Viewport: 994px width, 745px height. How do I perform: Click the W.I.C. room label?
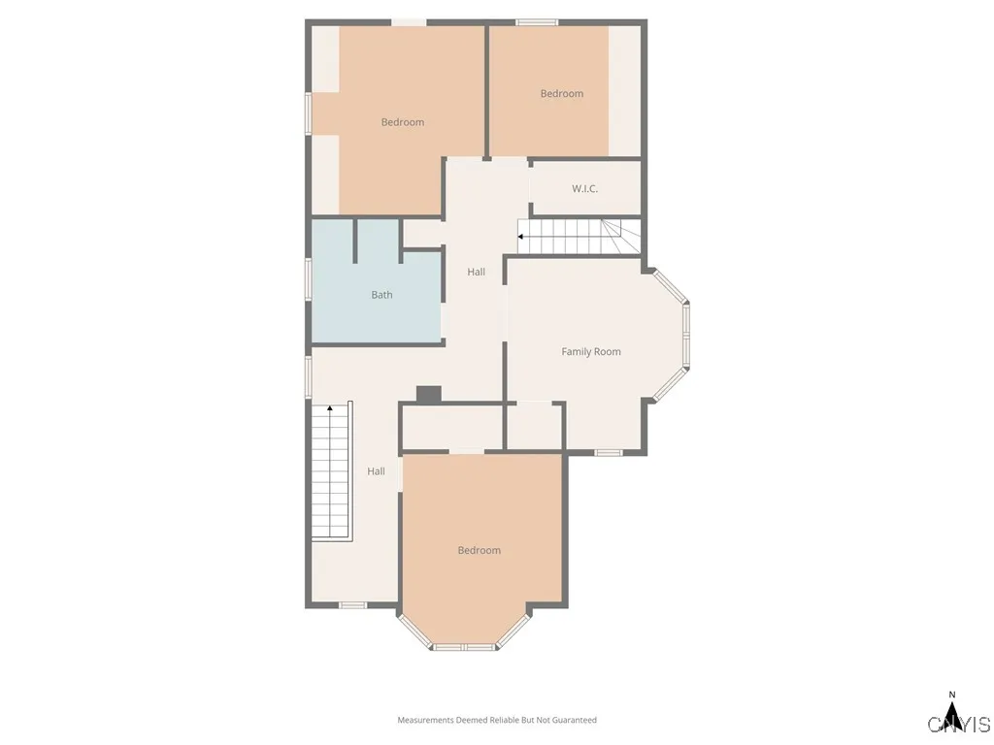tap(584, 188)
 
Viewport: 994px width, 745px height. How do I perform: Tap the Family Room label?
tap(591, 351)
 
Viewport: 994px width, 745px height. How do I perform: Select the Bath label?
tap(381, 295)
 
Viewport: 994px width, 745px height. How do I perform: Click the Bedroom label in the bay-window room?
tap(480, 550)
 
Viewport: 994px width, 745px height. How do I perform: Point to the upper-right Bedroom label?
tap(562, 93)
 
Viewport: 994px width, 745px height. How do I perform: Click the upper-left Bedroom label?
tap(402, 122)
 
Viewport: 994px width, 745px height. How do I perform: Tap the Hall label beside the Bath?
tap(476, 272)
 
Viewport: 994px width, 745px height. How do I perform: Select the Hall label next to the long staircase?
tap(376, 471)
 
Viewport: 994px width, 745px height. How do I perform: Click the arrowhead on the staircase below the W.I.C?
tap(521, 236)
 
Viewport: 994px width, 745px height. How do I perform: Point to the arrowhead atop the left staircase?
tap(330, 409)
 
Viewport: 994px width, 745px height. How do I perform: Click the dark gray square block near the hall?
tap(428, 394)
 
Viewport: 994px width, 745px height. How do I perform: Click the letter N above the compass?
tap(952, 695)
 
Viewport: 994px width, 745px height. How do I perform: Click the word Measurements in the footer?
tap(425, 720)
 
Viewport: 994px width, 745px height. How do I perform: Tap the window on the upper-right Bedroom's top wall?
tap(537, 21)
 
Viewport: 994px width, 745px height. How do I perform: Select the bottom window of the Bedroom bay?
tap(464, 646)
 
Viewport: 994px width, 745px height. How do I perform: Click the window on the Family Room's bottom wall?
tap(609, 452)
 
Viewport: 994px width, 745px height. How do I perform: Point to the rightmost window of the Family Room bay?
tap(686, 335)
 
